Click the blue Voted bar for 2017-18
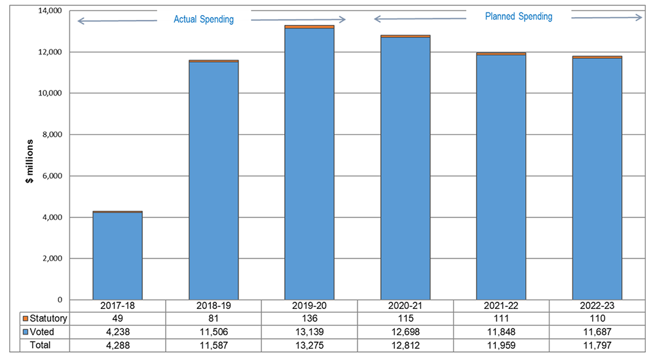pyautogui.click(x=117, y=256)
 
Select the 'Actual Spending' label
pyautogui.click(x=203, y=20)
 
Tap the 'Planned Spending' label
pyautogui.click(x=519, y=16)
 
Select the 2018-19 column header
pyautogui.click(x=213, y=306)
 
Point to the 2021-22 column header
pyautogui.click(x=501, y=306)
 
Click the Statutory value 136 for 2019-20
pyautogui.click(x=309, y=319)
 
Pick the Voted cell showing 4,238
pyautogui.click(x=117, y=332)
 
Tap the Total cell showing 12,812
pyautogui.click(x=405, y=345)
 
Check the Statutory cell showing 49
pyautogui.click(x=117, y=319)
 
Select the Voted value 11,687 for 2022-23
pyautogui.click(x=597, y=332)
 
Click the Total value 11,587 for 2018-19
pyautogui.click(x=213, y=345)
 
